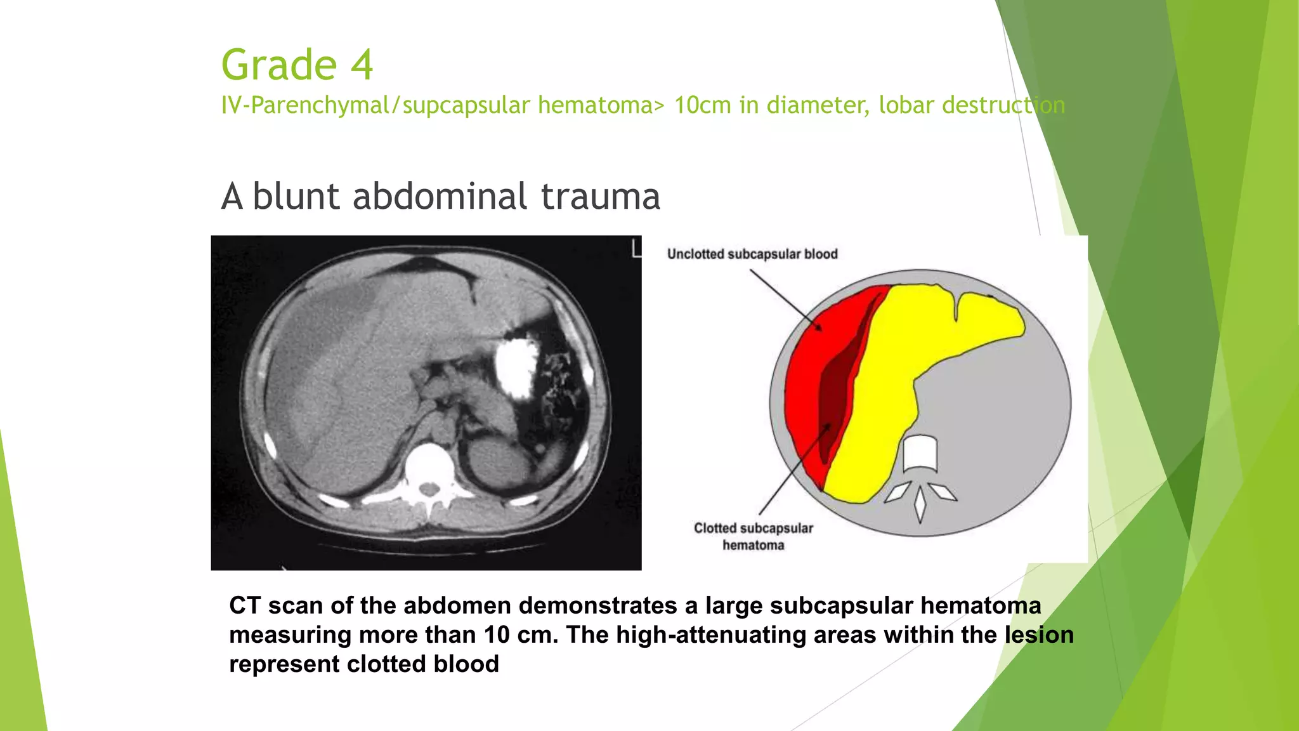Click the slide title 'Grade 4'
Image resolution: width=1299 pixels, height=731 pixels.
297,65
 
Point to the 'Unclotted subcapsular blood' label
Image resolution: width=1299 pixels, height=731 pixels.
752,254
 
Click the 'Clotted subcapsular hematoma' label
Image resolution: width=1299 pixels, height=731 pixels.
753,536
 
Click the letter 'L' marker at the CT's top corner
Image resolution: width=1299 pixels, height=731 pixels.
636,248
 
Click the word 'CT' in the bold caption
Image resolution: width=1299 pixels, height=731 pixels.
245,605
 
